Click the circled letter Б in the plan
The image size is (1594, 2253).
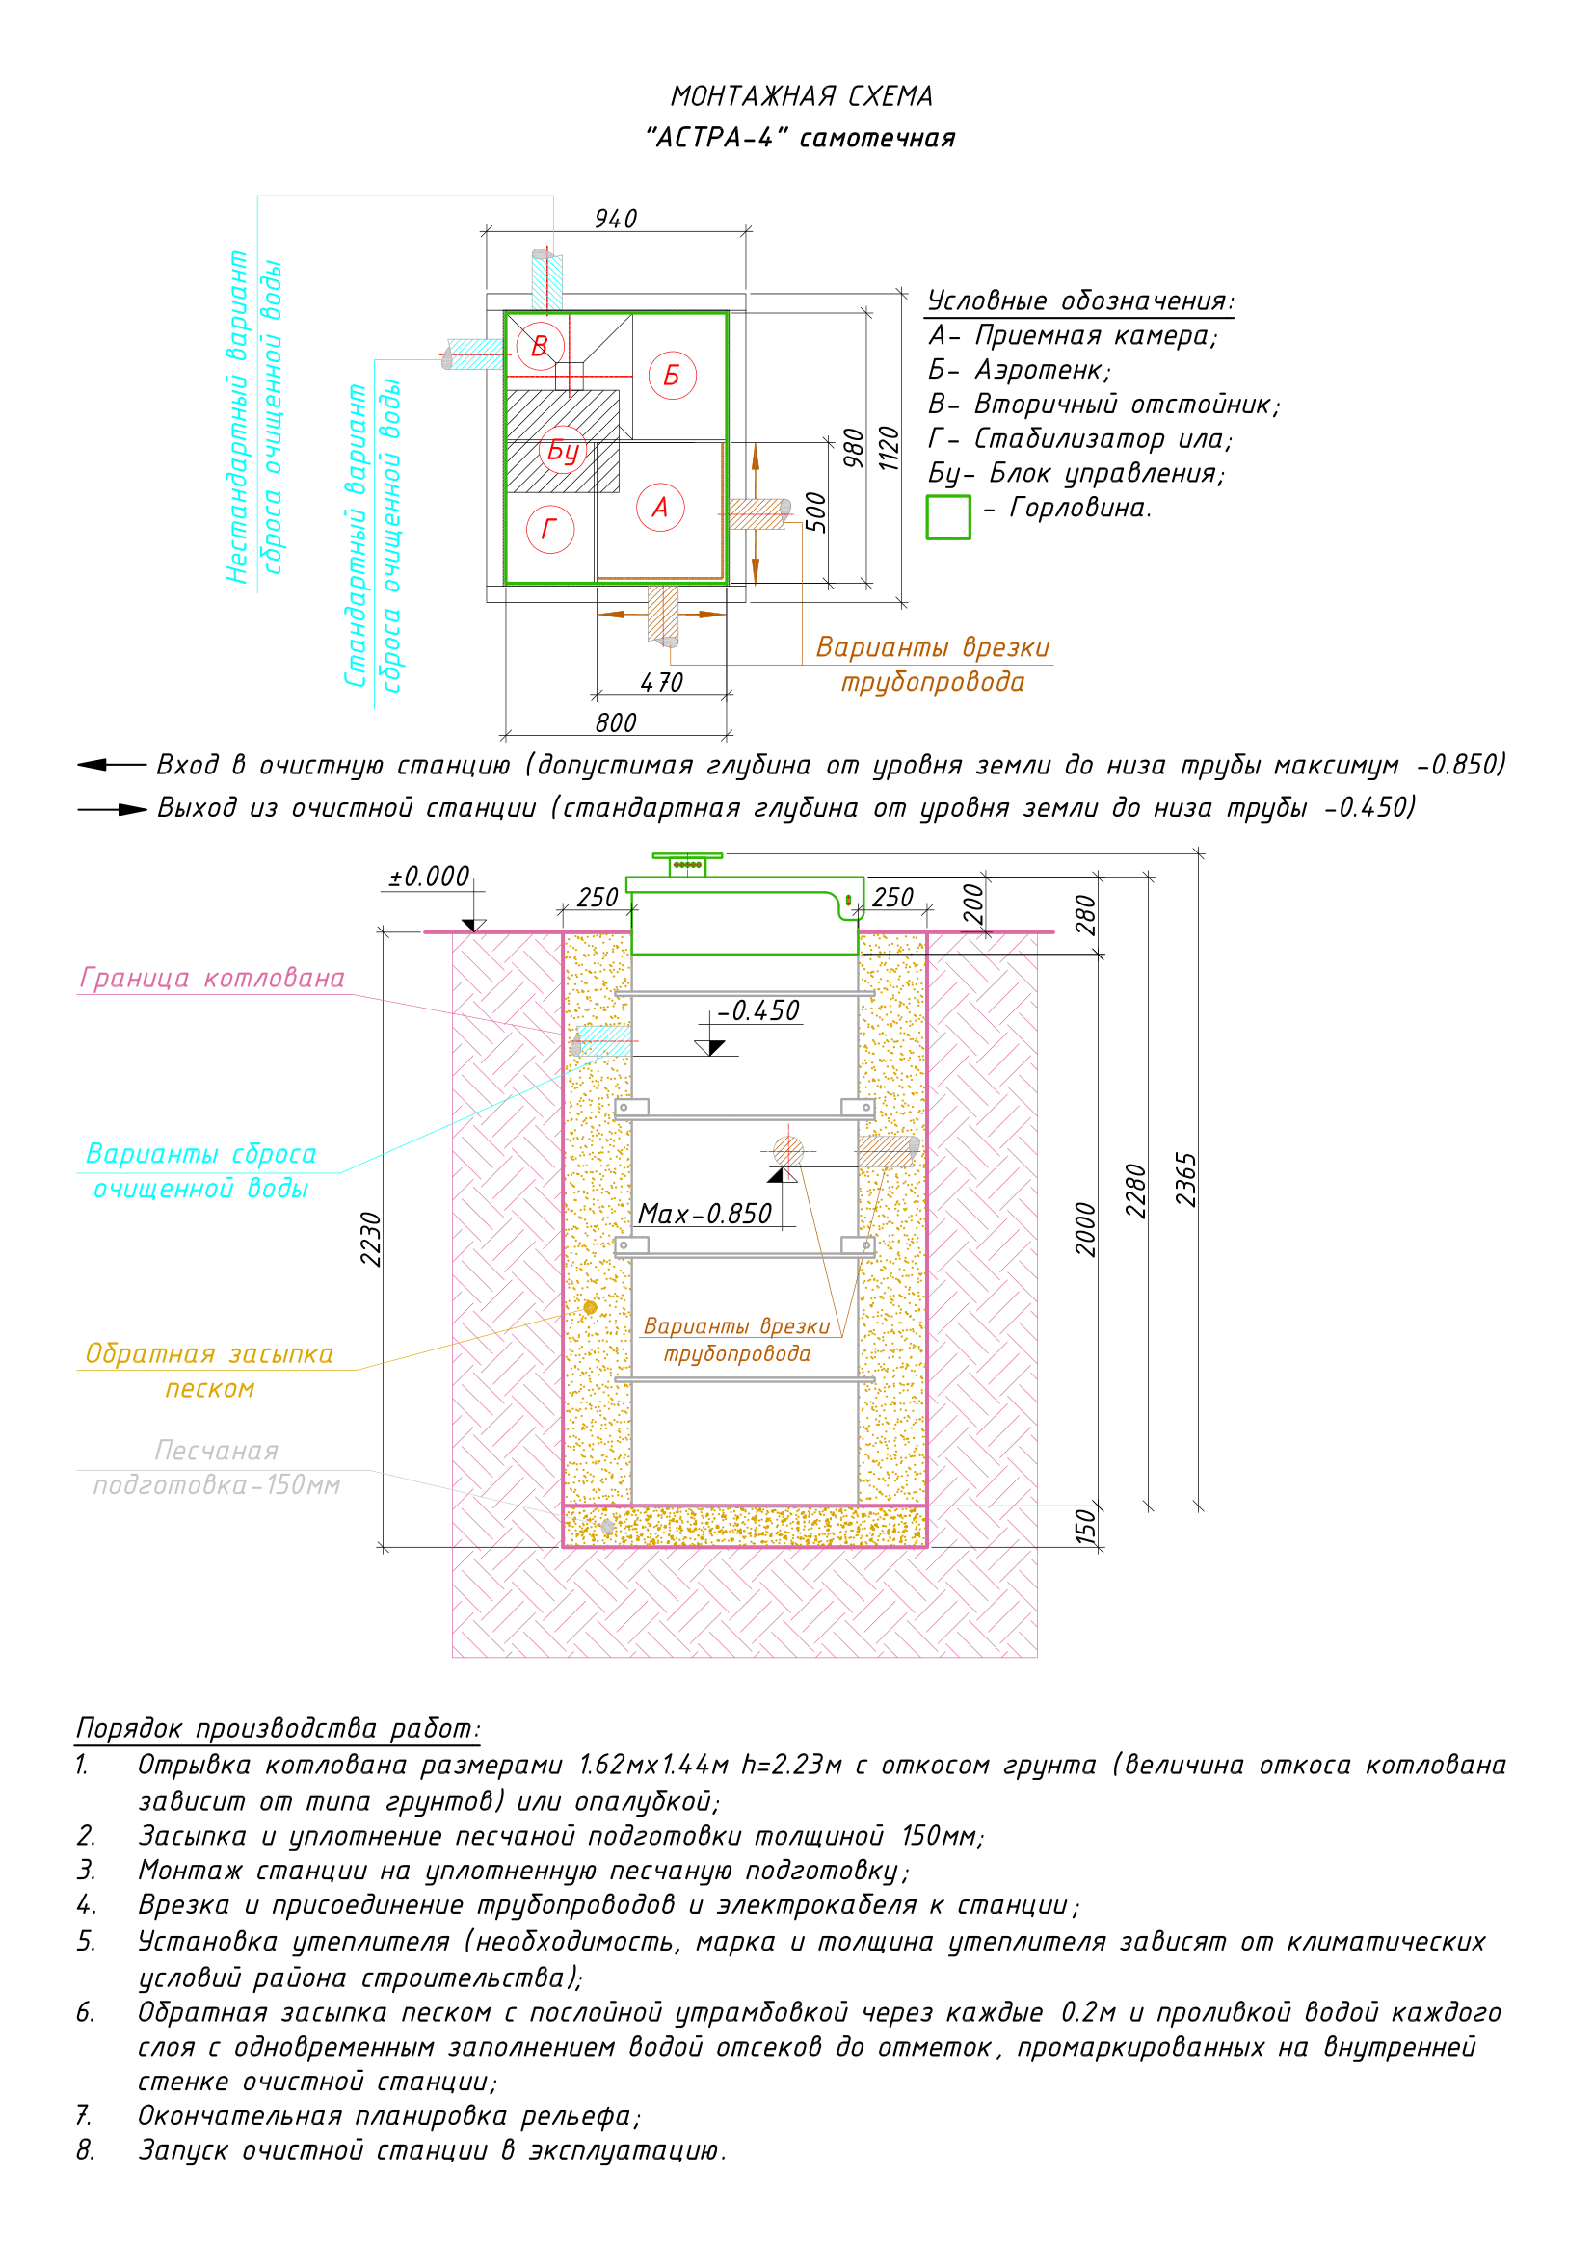click(673, 375)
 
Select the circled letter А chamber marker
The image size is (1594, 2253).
click(660, 508)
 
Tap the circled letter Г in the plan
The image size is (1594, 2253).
click(549, 529)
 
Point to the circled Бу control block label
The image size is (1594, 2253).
click(563, 451)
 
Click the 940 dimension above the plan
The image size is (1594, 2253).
click(616, 219)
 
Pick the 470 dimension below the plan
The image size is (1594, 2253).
click(661, 682)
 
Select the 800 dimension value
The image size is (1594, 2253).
click(616, 723)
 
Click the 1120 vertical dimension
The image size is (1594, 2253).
click(889, 449)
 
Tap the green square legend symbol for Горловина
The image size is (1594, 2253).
click(948, 517)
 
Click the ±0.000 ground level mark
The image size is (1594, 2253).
click(429, 877)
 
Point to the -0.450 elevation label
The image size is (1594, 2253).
click(757, 1010)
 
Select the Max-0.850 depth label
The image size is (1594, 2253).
click(704, 1214)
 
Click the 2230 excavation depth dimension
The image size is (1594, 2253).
click(370, 1240)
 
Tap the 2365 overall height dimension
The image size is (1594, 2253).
click(1186, 1180)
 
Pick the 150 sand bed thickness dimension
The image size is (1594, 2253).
click(1084, 1527)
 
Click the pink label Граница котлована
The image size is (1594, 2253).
click(212, 979)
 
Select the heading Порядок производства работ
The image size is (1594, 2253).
click(278, 1727)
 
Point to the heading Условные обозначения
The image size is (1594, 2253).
click(1079, 301)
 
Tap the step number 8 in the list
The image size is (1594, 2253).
click(86, 2150)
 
